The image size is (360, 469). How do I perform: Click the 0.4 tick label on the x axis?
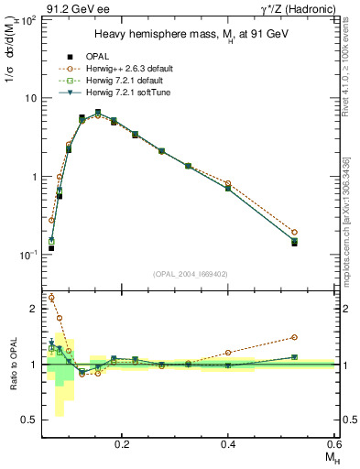pyautogui.click(x=228, y=442)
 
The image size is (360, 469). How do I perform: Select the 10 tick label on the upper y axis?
pyautogui.click(x=30, y=98)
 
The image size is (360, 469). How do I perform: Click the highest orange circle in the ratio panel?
pyautogui.click(x=51, y=298)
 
